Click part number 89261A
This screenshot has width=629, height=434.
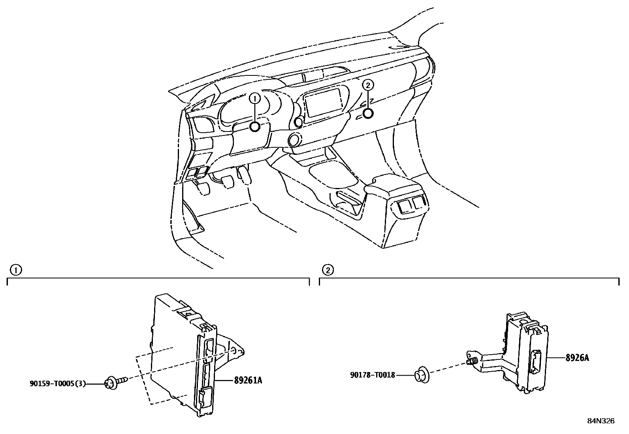coord(248,381)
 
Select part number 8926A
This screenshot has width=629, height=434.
coord(577,358)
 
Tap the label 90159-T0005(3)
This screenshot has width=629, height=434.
coord(57,383)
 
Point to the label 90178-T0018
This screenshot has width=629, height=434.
coord(372,375)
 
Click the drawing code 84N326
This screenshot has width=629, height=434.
coord(601,421)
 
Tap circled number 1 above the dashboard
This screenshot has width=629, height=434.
coord(255,98)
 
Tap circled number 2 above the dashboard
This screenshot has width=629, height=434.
coord(368,85)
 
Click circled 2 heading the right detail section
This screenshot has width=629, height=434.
coord(328,270)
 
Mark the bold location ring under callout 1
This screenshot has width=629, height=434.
coord(255,127)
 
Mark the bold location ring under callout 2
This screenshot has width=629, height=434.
coord(368,114)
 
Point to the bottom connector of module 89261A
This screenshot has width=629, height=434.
coord(205,398)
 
